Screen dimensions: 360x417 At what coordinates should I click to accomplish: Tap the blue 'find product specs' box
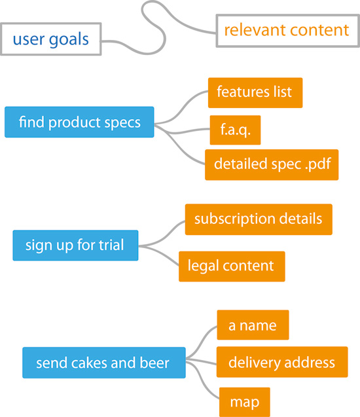(x=79, y=122)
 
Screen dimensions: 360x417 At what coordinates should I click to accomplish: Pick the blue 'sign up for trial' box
(x=75, y=245)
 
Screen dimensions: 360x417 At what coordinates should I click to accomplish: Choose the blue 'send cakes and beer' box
(x=104, y=363)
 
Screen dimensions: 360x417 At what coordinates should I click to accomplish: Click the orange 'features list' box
(x=255, y=92)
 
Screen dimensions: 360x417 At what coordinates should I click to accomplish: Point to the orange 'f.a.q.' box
(x=235, y=130)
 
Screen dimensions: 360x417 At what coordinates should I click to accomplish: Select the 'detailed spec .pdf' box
(x=272, y=164)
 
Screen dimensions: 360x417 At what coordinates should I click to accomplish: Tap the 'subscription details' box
(x=259, y=219)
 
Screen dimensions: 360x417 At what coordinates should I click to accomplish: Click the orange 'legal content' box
(x=232, y=266)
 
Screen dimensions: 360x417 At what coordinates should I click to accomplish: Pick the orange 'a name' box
(x=253, y=325)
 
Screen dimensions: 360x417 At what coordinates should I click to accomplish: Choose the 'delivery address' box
(x=282, y=361)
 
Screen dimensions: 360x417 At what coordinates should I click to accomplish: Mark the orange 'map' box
(x=245, y=402)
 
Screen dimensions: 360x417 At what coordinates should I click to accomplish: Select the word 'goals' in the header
(x=69, y=40)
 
